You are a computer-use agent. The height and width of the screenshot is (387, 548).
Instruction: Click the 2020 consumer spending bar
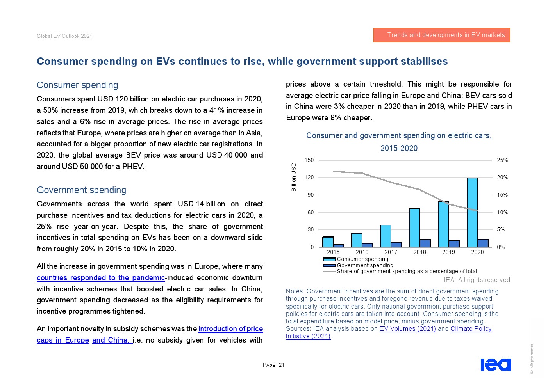click(472, 212)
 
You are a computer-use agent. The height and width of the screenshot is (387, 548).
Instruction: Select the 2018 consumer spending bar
click(414, 228)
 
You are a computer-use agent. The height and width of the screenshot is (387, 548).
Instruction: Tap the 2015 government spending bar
click(339, 245)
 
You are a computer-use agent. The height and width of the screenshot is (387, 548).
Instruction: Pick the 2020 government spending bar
click(483, 243)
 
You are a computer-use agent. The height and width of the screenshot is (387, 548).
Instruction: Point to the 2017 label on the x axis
click(391, 252)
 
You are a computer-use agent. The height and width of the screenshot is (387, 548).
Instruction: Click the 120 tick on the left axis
click(309, 178)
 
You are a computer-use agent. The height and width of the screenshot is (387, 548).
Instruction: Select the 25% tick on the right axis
click(502, 160)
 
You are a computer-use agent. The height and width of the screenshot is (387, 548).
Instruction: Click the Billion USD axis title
click(294, 177)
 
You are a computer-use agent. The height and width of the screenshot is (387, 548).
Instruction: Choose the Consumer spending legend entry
click(362, 259)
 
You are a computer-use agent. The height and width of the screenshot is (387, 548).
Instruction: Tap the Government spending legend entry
click(365, 265)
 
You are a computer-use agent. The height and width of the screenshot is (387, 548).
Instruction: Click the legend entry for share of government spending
click(406, 271)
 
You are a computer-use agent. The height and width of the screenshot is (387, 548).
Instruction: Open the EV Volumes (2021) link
click(407, 328)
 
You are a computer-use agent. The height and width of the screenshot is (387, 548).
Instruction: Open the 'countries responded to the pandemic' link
click(101, 278)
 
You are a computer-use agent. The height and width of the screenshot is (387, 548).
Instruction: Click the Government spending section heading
click(81, 190)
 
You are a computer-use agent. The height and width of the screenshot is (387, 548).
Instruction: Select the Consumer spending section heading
click(77, 85)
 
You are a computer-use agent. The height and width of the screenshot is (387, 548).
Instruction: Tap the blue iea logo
click(495, 364)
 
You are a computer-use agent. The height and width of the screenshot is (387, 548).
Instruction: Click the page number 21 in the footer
click(282, 365)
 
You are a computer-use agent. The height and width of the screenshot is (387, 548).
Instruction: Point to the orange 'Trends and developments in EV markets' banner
click(441, 35)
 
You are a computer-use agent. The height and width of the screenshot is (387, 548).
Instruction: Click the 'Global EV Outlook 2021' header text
click(64, 36)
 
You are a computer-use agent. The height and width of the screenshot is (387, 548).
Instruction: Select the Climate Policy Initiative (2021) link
click(471, 329)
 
